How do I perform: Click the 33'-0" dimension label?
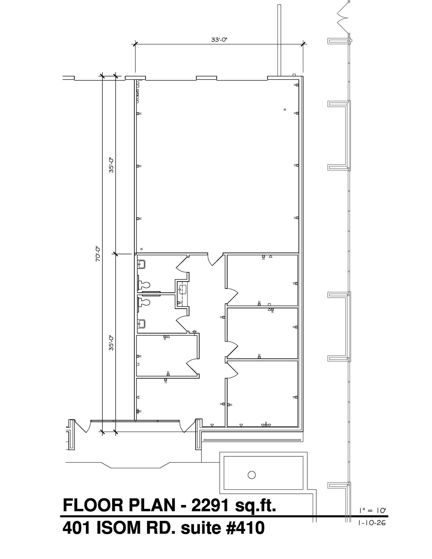(x=219, y=40)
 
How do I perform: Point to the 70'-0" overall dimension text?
(x=98, y=254)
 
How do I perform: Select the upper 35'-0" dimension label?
(x=111, y=165)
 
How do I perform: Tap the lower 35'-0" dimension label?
(x=111, y=343)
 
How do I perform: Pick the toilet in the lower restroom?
(x=144, y=302)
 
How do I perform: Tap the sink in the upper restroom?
(x=141, y=264)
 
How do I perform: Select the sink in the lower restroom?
(x=141, y=324)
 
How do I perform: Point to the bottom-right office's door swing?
(x=232, y=370)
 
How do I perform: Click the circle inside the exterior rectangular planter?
(x=251, y=475)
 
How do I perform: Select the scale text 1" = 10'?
(x=372, y=510)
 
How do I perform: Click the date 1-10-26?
(x=372, y=523)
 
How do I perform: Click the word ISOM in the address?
(x=118, y=528)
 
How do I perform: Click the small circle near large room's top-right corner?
(x=285, y=109)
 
